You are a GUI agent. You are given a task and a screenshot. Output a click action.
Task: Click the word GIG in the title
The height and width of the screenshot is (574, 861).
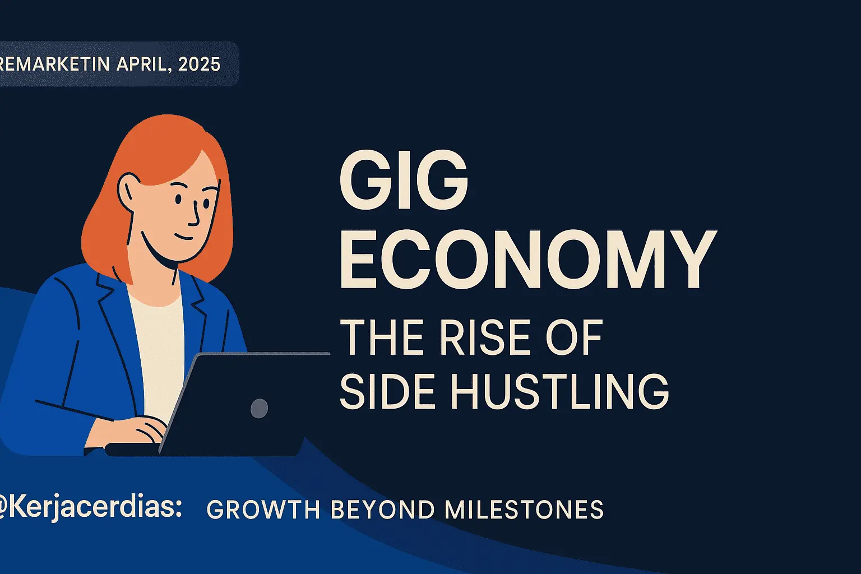point(403,181)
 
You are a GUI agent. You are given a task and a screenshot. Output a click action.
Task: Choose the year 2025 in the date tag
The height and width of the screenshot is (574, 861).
point(199,64)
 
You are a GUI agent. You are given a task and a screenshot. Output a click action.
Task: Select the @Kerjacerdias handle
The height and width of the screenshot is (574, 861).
point(90,507)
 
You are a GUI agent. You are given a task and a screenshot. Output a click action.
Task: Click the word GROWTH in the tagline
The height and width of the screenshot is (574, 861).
point(263,510)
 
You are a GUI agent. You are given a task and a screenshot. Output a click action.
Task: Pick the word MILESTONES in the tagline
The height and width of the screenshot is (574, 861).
point(524,510)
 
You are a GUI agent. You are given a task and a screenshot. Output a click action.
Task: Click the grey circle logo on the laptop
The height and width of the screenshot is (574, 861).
point(258,408)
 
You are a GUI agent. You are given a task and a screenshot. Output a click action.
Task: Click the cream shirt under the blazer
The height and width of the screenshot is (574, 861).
point(160,348)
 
